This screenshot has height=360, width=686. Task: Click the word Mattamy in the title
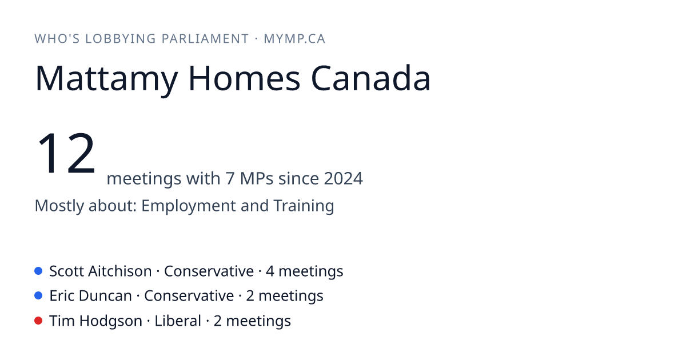click(x=106, y=79)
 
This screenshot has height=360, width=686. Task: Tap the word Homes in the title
click(x=244, y=78)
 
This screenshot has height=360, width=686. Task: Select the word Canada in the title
click(x=371, y=78)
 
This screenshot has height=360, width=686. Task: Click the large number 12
click(x=66, y=153)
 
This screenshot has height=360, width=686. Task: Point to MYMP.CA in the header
click(x=294, y=39)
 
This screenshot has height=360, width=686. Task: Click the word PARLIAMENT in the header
click(x=205, y=39)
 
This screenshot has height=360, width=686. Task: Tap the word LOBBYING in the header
click(x=121, y=39)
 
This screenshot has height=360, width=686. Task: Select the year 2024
click(x=344, y=178)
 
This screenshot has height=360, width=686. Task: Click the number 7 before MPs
click(x=230, y=178)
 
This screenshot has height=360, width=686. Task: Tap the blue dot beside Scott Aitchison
click(x=38, y=271)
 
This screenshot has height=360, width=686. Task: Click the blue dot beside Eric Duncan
click(x=38, y=295)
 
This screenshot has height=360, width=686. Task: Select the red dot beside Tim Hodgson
click(x=38, y=321)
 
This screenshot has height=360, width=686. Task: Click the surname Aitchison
click(x=119, y=271)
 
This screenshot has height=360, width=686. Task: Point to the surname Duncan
click(x=105, y=296)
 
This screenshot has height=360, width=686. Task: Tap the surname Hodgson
click(x=110, y=321)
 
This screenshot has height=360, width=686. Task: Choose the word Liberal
click(x=178, y=321)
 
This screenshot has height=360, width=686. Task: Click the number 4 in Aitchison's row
click(x=270, y=271)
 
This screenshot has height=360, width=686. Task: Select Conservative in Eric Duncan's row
click(x=189, y=296)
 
